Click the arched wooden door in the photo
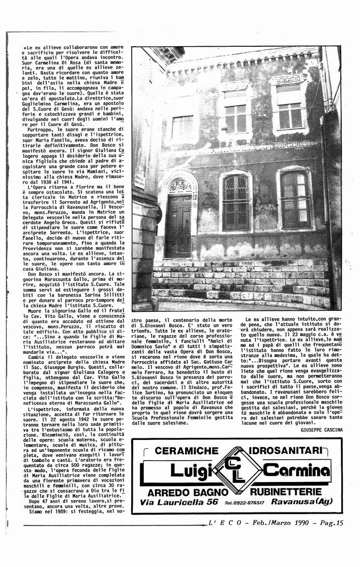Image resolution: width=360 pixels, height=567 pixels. pos(178,226)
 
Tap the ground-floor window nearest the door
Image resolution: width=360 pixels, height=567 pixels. pos(236,202)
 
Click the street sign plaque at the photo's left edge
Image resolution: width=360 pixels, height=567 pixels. pos(140,179)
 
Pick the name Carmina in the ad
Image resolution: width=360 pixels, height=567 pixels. pos(296,471)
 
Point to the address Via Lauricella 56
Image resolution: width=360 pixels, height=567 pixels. pos(179,502)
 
